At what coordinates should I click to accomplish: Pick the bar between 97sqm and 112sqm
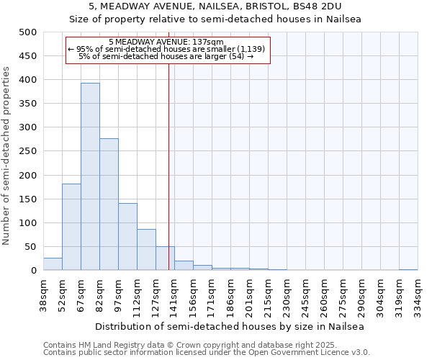coord(127,237)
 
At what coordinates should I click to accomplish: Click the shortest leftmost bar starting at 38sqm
coord(53,264)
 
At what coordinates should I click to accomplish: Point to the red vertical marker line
coord(168,180)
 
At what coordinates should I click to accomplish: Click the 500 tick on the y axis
coord(28,32)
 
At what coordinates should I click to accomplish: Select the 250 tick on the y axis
coord(28,151)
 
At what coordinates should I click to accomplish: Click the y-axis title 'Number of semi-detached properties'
coord(6,156)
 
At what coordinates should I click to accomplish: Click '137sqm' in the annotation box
coord(210,42)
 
